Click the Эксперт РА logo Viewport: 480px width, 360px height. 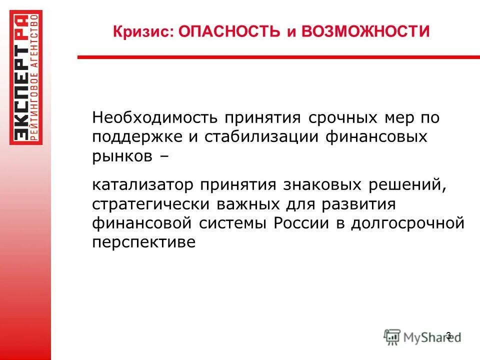coord(26,77)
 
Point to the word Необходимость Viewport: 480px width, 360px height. coord(154,119)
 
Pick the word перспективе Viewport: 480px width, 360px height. coord(143,241)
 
